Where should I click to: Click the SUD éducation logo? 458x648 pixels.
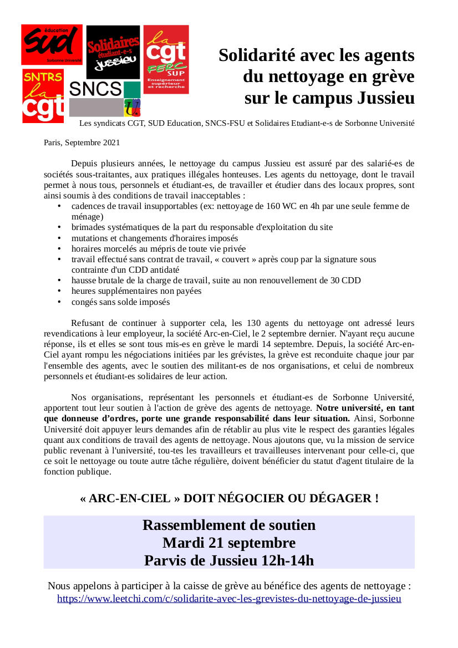(x=52, y=44)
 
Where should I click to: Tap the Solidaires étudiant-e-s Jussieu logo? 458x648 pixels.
(x=113, y=52)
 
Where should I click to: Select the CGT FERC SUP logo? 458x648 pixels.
(x=166, y=59)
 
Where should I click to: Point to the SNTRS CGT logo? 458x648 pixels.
(x=43, y=95)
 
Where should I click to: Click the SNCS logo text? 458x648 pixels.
(x=95, y=89)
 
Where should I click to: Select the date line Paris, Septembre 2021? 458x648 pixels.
(x=82, y=142)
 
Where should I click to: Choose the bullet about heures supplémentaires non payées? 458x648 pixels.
(x=136, y=291)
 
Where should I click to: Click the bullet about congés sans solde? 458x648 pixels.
(x=120, y=302)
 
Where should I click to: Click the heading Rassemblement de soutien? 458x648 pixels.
(x=229, y=525)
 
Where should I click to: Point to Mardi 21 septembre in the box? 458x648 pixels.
(x=229, y=543)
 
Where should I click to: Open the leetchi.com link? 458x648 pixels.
(x=229, y=599)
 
